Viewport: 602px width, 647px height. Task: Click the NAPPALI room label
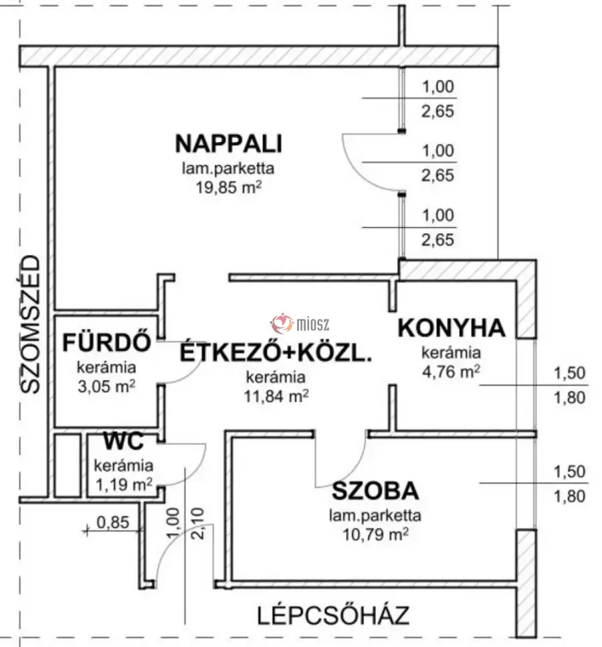point(228,144)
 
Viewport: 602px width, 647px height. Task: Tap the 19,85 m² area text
point(228,188)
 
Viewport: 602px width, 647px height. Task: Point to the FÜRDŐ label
point(106,342)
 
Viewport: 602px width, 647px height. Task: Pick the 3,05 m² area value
point(106,385)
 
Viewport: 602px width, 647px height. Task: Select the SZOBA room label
point(375,492)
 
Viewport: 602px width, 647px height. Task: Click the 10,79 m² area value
point(375,534)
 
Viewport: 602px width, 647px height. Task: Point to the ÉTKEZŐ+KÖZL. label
point(275,352)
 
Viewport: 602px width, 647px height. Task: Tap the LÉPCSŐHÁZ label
point(332,614)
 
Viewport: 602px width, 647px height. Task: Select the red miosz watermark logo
point(282,324)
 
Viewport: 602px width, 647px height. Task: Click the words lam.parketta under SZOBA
point(375,516)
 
